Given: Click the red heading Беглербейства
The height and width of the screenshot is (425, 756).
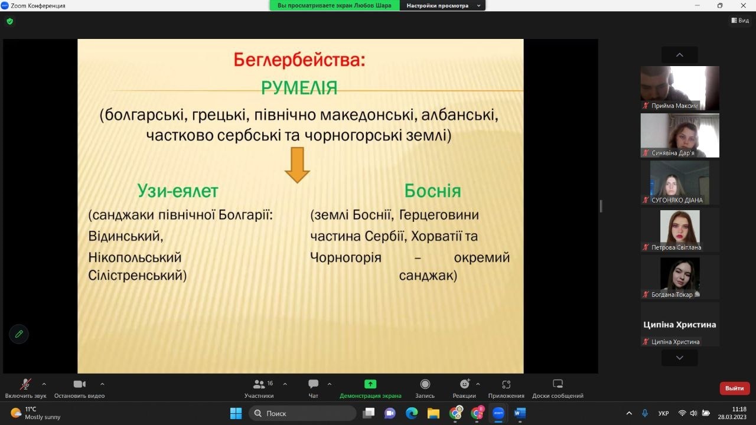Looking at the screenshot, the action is pos(299,60).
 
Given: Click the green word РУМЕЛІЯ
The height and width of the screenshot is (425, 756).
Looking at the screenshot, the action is pos(299,88).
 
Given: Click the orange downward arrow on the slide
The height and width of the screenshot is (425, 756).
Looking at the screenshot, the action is pos(297,165).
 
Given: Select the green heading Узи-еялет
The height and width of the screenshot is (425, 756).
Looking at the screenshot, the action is pos(178,191).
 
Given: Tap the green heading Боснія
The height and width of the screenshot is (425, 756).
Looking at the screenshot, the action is pos(432,191).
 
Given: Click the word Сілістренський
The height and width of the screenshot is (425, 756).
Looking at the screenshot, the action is pos(138,276).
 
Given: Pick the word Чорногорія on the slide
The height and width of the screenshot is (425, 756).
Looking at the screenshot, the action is pos(346,258).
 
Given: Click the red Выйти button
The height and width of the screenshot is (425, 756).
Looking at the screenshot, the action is pos(734,388).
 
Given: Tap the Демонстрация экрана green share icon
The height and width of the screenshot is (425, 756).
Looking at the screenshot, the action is pos(370,384).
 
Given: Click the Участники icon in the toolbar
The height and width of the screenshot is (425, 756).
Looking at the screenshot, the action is pos(259,384).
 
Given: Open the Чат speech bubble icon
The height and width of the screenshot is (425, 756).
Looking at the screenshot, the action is pos(313,384).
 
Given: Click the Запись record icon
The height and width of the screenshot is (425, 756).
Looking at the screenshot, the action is pos(425,384).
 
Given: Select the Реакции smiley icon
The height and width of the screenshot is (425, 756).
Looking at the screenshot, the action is pos(465,384).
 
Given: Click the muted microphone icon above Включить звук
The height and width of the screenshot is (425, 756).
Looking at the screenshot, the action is pos(25,384).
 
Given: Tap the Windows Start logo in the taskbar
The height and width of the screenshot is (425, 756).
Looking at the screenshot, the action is pos(236,413).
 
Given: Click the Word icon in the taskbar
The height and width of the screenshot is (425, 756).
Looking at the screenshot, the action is pos(520,413).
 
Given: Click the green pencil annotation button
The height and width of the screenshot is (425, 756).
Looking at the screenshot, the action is pos(19,334).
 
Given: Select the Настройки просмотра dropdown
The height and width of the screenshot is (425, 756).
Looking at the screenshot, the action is pos(442,6).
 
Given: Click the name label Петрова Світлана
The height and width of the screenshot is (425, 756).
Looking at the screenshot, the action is pos(676,247).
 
